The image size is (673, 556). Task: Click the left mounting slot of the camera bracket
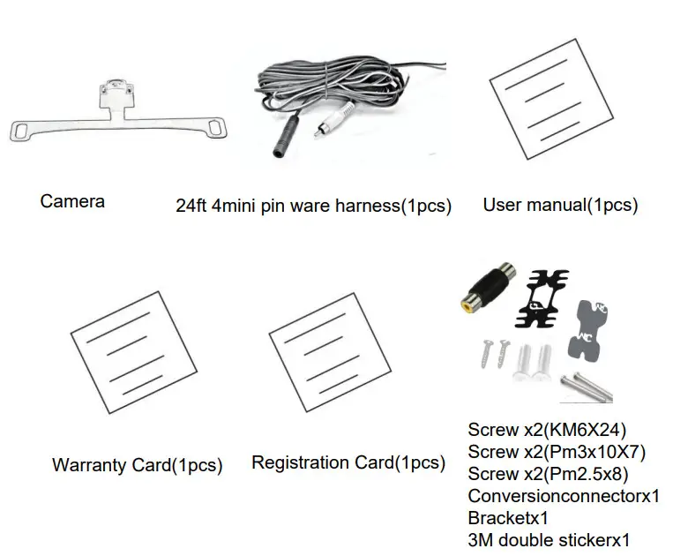(x=19, y=131)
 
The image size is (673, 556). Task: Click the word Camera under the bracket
(x=72, y=201)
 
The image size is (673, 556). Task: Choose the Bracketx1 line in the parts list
(x=511, y=518)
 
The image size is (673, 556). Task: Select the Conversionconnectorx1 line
(x=564, y=496)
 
